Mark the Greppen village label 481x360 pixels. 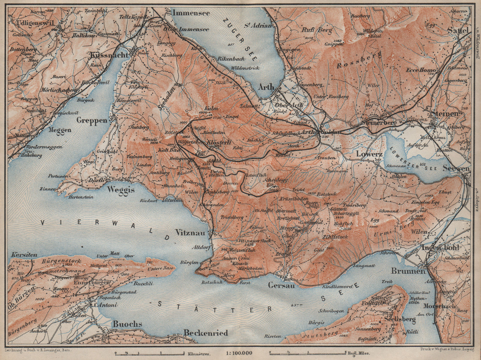point(92,121)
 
